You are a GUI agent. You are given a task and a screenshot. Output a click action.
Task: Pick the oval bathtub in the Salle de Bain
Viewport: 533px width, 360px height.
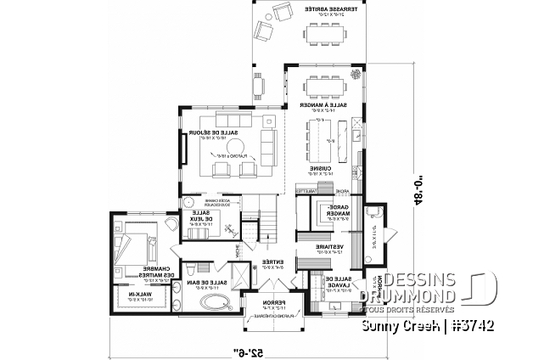point(208,304)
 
